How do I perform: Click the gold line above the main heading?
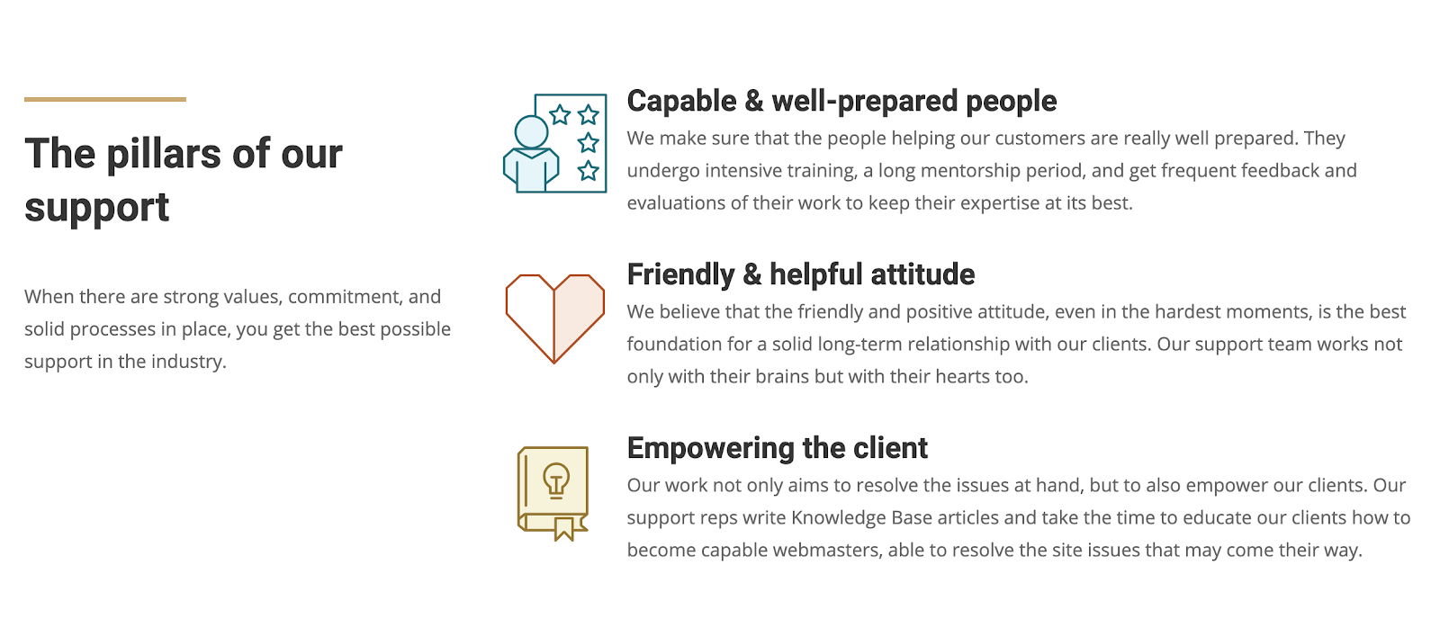click(x=104, y=99)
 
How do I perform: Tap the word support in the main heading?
click(x=96, y=208)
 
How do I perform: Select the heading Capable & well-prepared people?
click(x=841, y=101)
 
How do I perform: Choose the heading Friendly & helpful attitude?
click(x=800, y=274)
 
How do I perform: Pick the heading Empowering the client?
click(x=778, y=448)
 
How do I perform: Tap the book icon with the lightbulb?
click(x=553, y=494)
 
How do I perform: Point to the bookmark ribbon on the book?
click(x=563, y=528)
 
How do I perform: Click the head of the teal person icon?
click(x=531, y=132)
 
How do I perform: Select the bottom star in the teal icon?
click(x=588, y=171)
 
